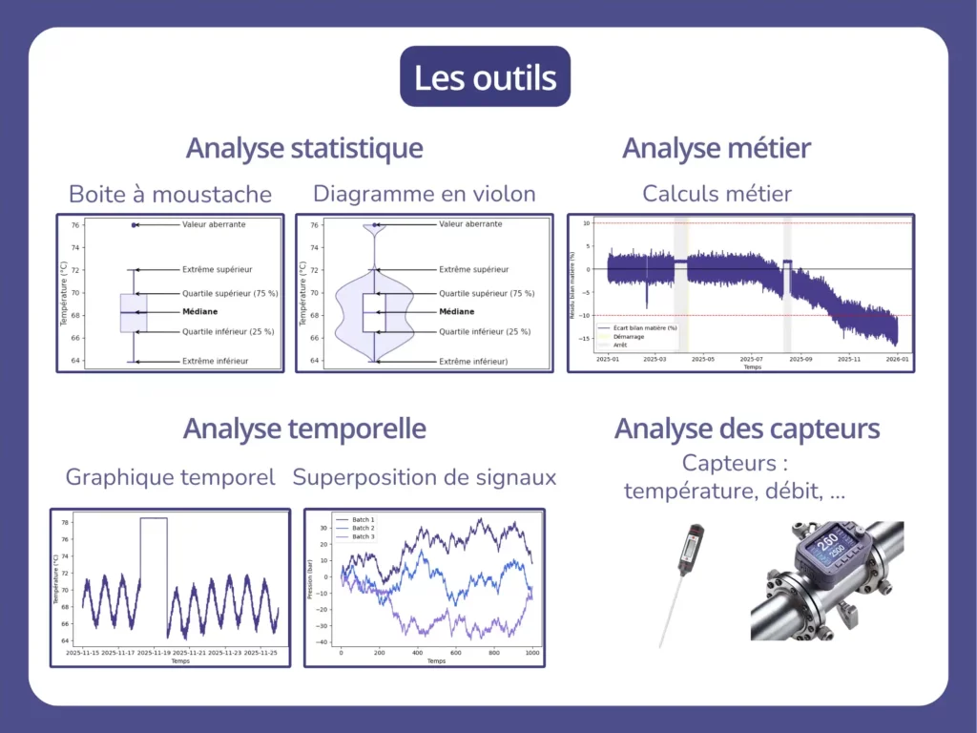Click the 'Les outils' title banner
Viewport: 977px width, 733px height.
[x=485, y=76]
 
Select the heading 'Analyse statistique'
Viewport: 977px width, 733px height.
[x=303, y=149]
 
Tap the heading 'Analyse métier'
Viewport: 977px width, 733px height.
[x=716, y=149]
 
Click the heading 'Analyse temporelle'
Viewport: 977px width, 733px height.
[x=303, y=429]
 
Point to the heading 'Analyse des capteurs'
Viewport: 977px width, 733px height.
[x=746, y=429]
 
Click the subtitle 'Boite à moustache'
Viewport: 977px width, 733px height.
[x=170, y=195]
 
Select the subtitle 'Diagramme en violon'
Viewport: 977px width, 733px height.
[x=424, y=194]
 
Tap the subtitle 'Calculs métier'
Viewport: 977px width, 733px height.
[x=717, y=194]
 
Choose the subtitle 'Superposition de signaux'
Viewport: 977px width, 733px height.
[x=424, y=476]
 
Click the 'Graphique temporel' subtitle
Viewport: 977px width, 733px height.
[x=170, y=476]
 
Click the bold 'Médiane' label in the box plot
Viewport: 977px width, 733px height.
[x=203, y=312]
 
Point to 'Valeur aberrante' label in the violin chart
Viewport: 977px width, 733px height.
[x=470, y=224]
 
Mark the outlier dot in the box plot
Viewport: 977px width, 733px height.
[x=135, y=225]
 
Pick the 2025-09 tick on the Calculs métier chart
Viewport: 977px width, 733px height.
[x=800, y=359]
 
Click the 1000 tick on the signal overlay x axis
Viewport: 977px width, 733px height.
[x=532, y=654]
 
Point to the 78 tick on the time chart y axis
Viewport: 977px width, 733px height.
[x=66, y=523]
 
